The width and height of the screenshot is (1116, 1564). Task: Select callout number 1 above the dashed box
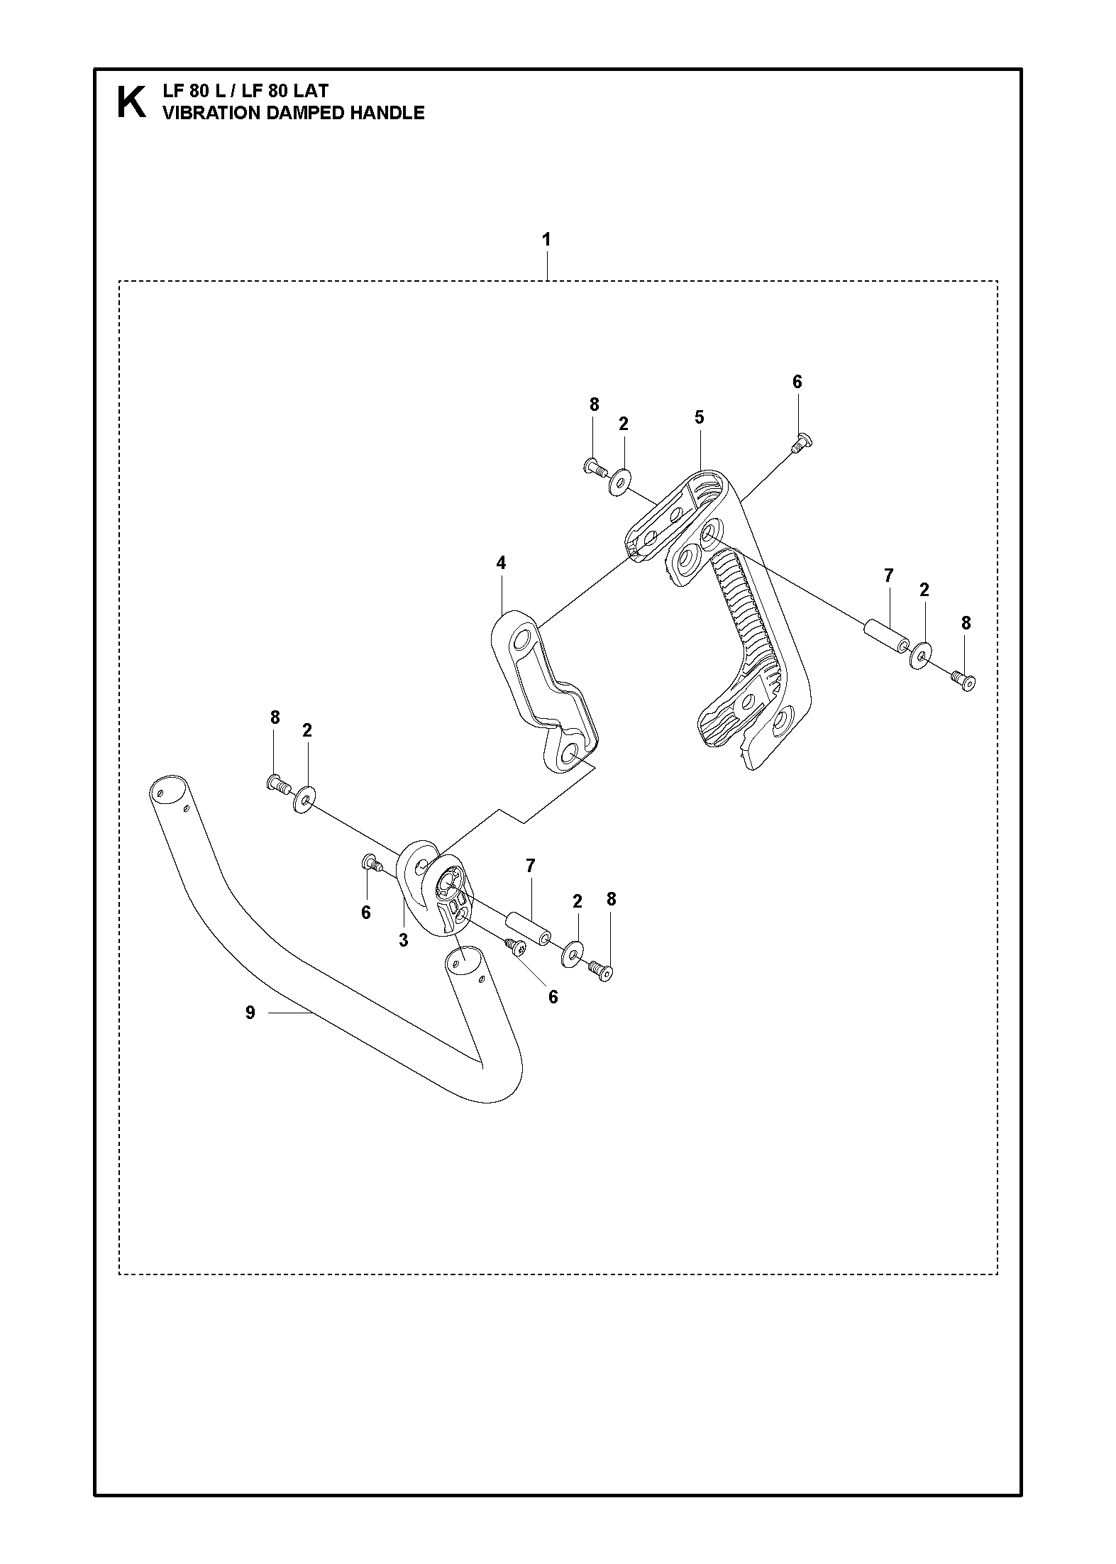[546, 239]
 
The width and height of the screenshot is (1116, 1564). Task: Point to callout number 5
[699, 417]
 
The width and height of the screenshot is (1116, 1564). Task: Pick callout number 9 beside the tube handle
[250, 1013]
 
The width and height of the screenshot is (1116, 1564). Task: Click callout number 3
[403, 941]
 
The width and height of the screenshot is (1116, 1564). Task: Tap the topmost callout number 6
[797, 382]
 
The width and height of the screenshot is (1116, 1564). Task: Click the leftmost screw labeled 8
[277, 784]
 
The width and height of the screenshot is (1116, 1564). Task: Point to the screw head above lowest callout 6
[516, 946]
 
